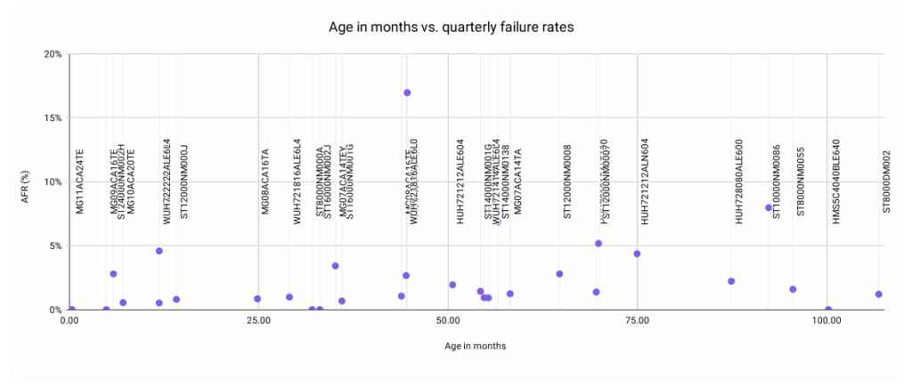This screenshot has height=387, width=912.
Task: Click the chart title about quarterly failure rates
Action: point(455,28)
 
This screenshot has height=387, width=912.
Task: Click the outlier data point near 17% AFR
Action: point(407,93)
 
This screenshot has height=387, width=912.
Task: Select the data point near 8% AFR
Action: point(769,207)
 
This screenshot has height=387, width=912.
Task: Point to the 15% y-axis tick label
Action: point(53,118)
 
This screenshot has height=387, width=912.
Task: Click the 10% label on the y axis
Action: point(53,182)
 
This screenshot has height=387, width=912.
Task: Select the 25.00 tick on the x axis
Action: point(257,320)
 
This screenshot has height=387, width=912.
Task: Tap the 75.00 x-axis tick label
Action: point(636,320)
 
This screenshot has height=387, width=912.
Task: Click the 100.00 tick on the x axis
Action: point(827,320)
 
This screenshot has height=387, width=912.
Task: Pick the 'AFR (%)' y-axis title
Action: point(27,182)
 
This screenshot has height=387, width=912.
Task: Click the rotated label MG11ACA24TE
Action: point(79,181)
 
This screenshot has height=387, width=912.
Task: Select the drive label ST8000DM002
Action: point(886,181)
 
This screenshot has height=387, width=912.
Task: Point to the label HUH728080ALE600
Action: point(738,181)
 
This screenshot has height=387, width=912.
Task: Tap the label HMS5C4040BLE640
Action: point(835,181)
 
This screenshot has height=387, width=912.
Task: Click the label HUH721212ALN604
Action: point(645,181)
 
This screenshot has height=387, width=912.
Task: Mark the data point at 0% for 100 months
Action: point(828,310)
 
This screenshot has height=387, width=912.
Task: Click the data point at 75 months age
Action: point(637,254)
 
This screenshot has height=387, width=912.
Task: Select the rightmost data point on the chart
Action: point(878,294)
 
